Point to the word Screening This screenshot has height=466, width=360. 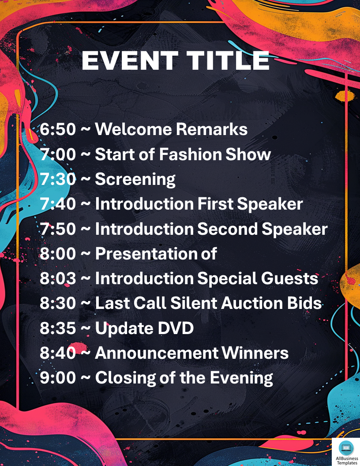click(135, 180)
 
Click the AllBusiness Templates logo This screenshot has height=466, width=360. click(345, 452)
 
